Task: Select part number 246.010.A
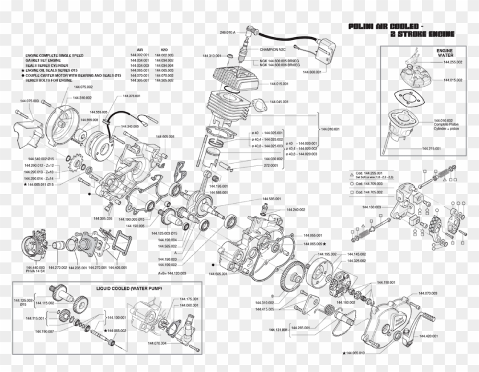pos(228,33)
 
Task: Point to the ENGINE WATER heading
pos(444,53)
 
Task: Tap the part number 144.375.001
pos(131,96)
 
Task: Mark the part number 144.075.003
pos(29,100)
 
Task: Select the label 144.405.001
pos(117,267)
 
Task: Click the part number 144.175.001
pos(189,299)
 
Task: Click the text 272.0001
pos(271,165)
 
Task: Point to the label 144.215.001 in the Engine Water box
pos(432,148)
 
